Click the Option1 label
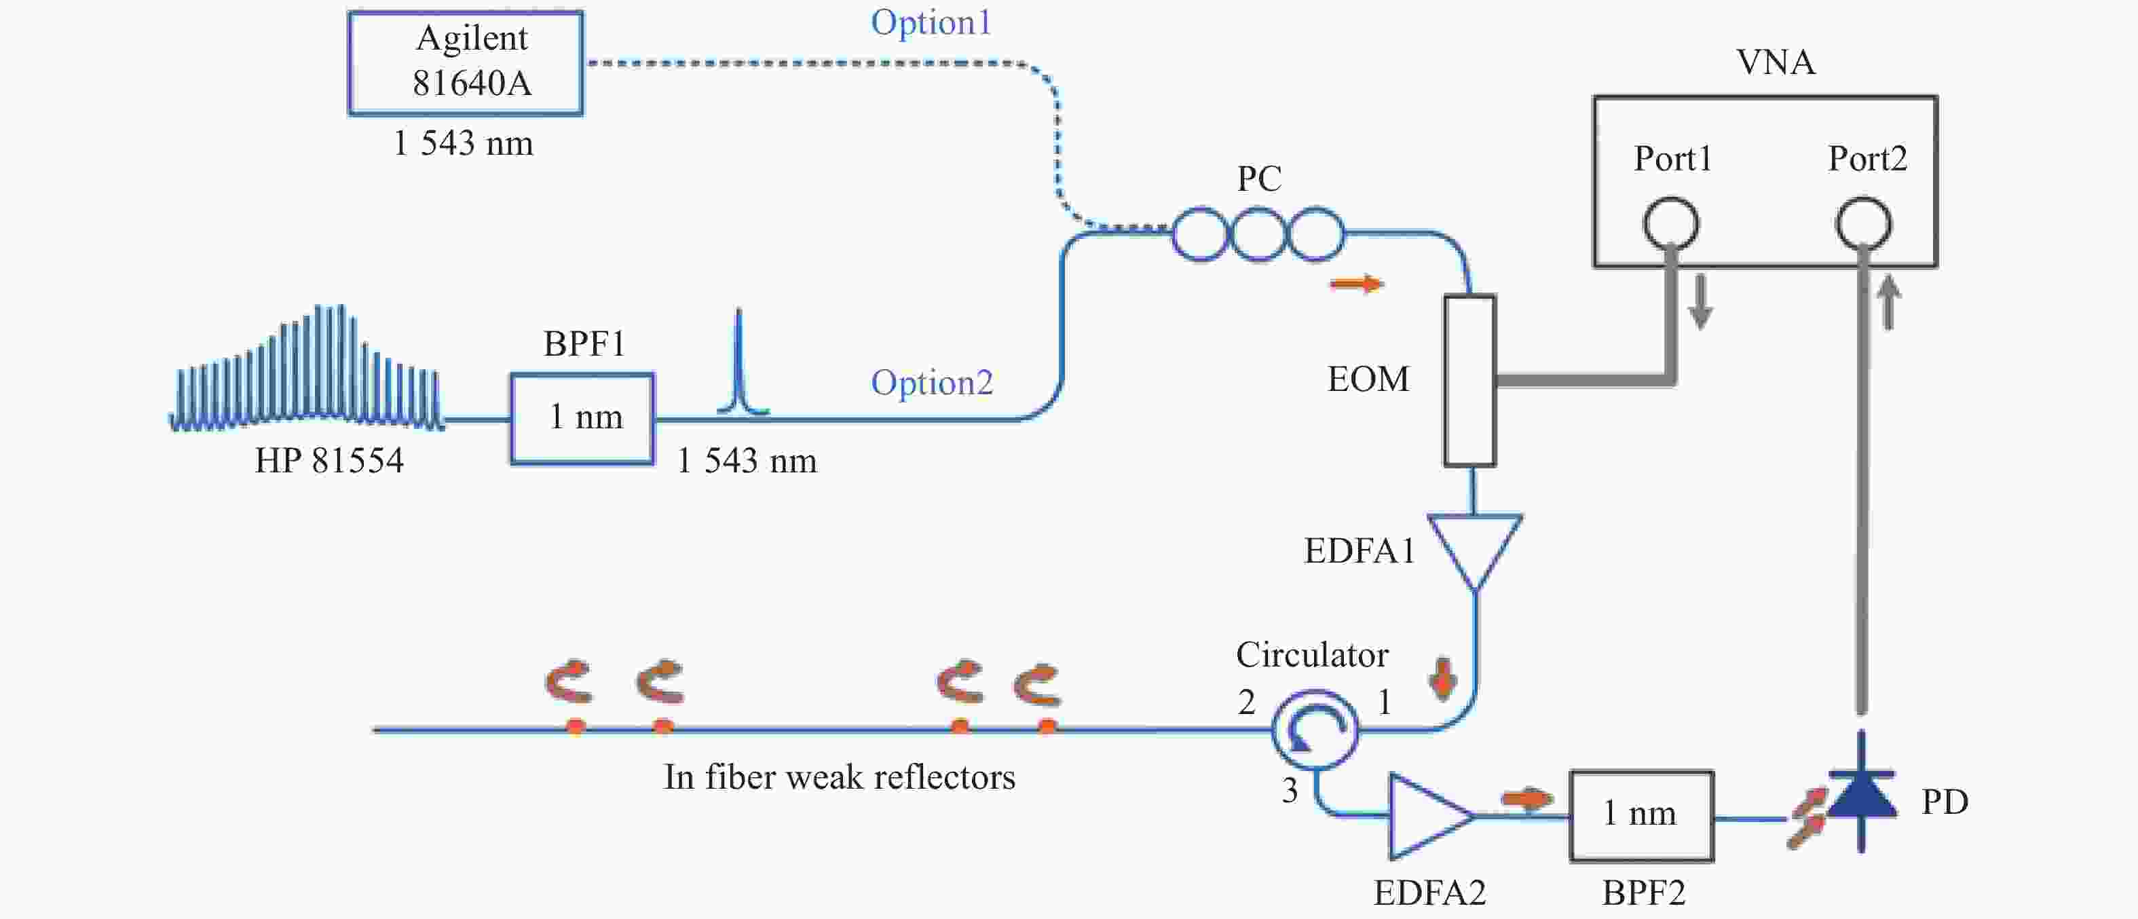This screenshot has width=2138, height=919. click(x=931, y=22)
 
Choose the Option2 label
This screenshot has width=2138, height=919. click(x=931, y=383)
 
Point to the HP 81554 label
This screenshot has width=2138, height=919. click(x=329, y=461)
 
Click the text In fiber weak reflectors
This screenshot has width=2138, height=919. click(x=839, y=777)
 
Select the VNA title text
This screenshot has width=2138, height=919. click(x=1776, y=62)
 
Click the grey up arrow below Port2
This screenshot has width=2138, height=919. click(x=1889, y=302)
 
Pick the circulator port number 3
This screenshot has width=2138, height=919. click(x=1289, y=790)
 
